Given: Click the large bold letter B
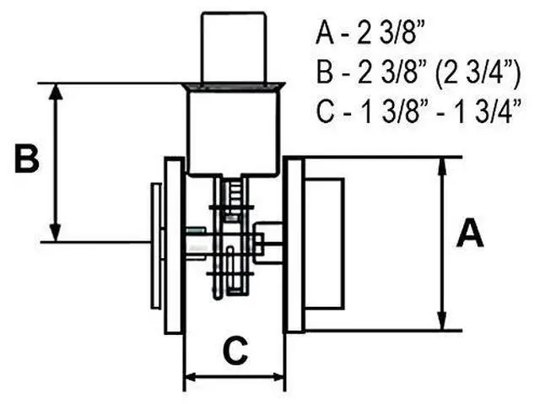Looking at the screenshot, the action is click(x=27, y=159).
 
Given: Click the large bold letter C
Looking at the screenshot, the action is click(x=235, y=351).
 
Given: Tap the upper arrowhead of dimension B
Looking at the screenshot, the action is click(x=55, y=92).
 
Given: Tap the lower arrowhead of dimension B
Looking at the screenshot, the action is click(x=55, y=233).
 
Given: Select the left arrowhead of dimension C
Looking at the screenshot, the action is click(x=194, y=378).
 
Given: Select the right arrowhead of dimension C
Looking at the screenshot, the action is click(x=276, y=378).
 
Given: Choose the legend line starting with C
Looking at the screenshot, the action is click(x=418, y=110).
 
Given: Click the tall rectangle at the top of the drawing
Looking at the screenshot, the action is click(x=234, y=47).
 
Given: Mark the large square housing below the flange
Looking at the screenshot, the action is click(x=232, y=133).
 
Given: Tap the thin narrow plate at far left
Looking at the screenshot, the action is click(x=156, y=245).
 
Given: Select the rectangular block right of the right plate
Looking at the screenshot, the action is click(x=324, y=243).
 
